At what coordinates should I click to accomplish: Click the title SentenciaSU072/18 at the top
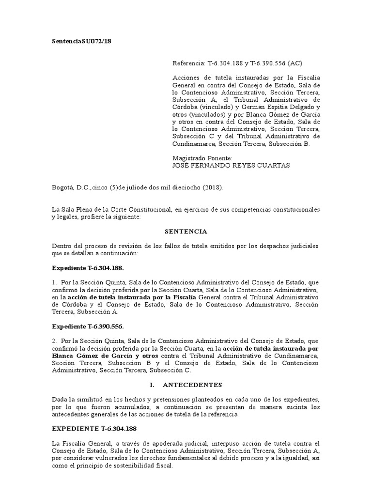coord(82,42)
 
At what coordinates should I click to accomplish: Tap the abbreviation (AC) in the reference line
coord(295,63)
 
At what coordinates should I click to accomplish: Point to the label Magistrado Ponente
coord(202,158)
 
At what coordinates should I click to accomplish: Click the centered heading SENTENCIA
coord(186,232)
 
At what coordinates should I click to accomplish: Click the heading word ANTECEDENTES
coord(192,385)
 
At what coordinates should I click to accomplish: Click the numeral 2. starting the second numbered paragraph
coord(55,349)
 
